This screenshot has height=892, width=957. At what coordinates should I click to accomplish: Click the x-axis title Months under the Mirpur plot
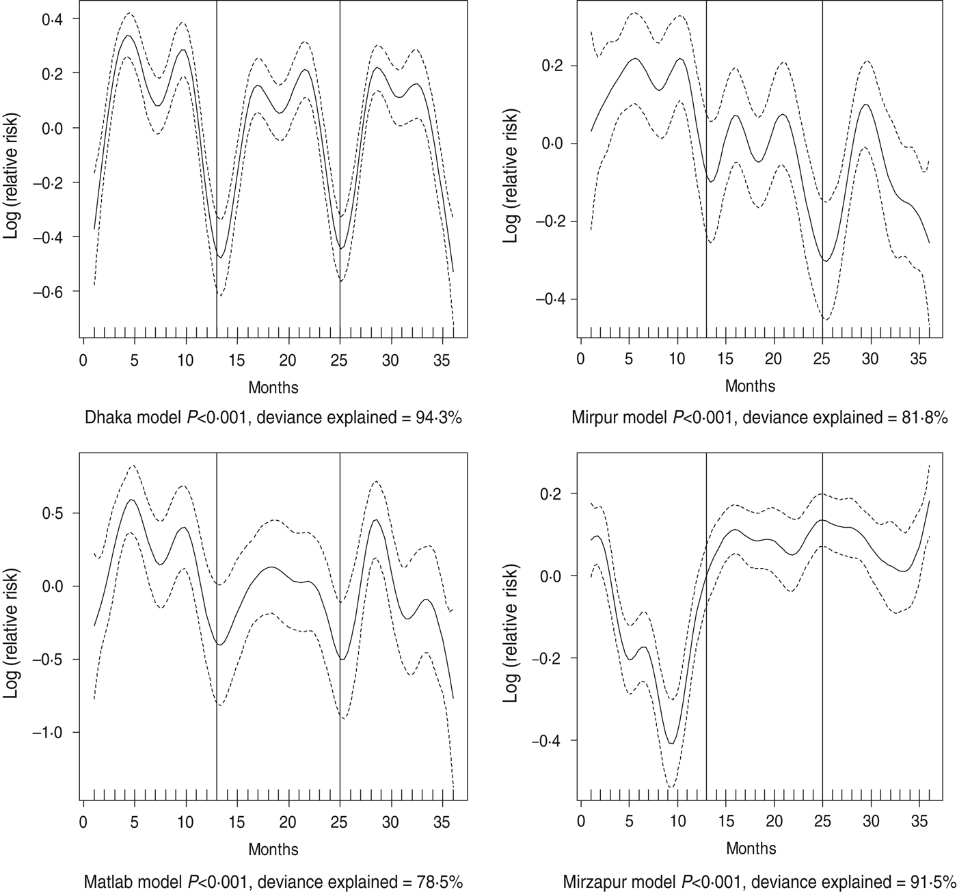point(750,386)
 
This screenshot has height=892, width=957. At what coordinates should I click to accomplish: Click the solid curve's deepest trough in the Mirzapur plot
point(672,743)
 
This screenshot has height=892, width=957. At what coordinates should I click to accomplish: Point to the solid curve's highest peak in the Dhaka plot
point(128,36)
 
